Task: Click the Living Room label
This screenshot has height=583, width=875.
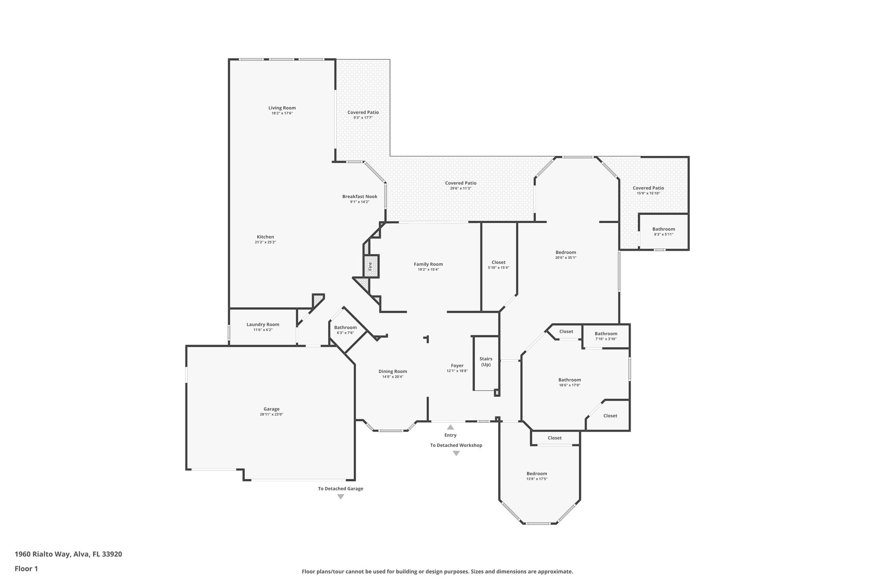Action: pos(282,108)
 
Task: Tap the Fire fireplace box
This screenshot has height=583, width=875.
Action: pos(371,267)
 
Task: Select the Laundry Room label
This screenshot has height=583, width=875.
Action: pos(263,325)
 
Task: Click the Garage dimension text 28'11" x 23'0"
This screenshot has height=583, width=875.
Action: pos(271,414)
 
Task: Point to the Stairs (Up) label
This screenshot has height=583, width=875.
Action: pos(486,362)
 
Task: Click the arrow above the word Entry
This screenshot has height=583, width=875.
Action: pos(450,427)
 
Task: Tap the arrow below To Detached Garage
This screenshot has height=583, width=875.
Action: pos(341,497)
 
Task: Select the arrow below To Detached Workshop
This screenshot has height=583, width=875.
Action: pos(456,454)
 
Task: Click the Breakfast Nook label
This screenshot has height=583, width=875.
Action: pos(360,196)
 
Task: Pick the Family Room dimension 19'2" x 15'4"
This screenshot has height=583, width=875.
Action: pos(428,270)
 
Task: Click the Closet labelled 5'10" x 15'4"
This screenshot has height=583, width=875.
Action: pos(498,263)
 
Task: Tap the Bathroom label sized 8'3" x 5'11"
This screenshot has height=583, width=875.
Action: pos(664,229)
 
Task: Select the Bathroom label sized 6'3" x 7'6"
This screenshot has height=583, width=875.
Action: pos(345,328)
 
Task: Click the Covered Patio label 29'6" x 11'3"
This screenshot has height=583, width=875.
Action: pos(461,183)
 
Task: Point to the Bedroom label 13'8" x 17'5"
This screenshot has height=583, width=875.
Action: pos(537,474)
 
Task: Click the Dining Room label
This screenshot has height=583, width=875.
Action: pos(393,372)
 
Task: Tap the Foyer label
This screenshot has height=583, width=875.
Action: pos(457,366)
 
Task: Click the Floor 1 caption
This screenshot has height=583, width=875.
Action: pos(26,568)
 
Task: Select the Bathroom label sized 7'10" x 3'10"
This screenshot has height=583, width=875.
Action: pos(606,334)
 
